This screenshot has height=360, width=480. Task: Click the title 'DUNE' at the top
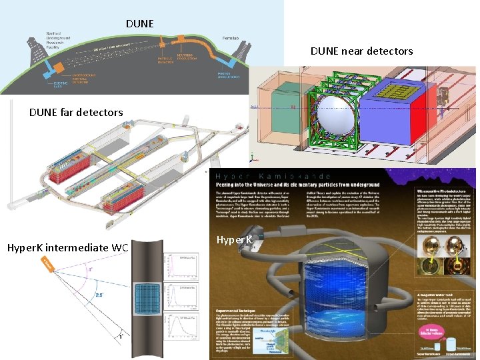[139, 24]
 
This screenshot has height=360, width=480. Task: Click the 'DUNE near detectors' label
[371, 51]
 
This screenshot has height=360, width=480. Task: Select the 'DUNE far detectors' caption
[76, 112]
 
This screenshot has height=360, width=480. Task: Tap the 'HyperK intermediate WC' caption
[67, 247]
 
